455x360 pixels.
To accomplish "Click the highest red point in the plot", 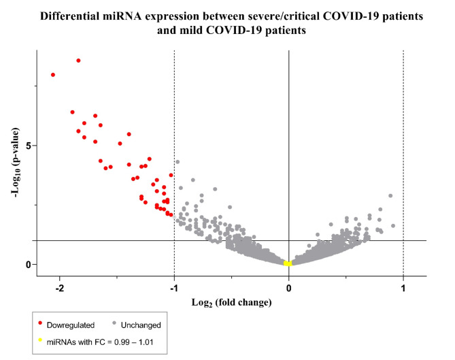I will coord(78,61).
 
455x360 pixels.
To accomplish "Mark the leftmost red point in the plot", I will coord(53,75).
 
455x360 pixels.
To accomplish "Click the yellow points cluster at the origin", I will coord(288,263).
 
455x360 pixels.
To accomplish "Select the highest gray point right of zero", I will coord(390,196).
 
